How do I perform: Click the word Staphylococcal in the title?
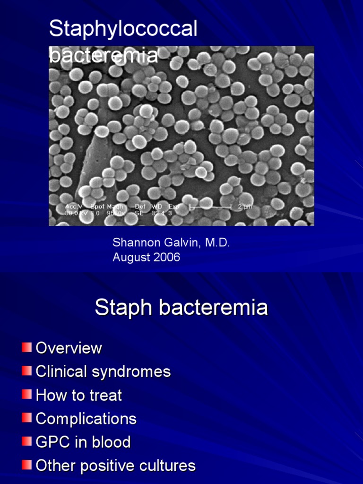click(x=123, y=30)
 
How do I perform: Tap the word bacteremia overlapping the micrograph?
click(x=103, y=55)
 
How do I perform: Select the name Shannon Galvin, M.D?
click(x=171, y=243)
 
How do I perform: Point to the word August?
click(x=130, y=258)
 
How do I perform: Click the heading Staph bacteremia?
click(x=181, y=308)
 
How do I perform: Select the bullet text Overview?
click(x=69, y=348)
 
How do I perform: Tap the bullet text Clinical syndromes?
click(x=103, y=372)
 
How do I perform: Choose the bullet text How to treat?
click(x=79, y=395)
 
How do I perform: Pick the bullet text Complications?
click(x=86, y=419)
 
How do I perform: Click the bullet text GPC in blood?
click(x=83, y=442)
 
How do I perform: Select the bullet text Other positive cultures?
click(x=116, y=466)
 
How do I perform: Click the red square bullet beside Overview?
click(x=26, y=348)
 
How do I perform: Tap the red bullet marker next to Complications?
click(x=26, y=418)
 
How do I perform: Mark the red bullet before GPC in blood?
click(x=26, y=442)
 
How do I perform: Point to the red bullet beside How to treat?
click(x=26, y=395)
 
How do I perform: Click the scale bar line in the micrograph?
click(x=210, y=207)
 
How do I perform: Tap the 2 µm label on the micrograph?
click(x=245, y=207)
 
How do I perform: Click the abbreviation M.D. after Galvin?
click(x=218, y=243)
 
